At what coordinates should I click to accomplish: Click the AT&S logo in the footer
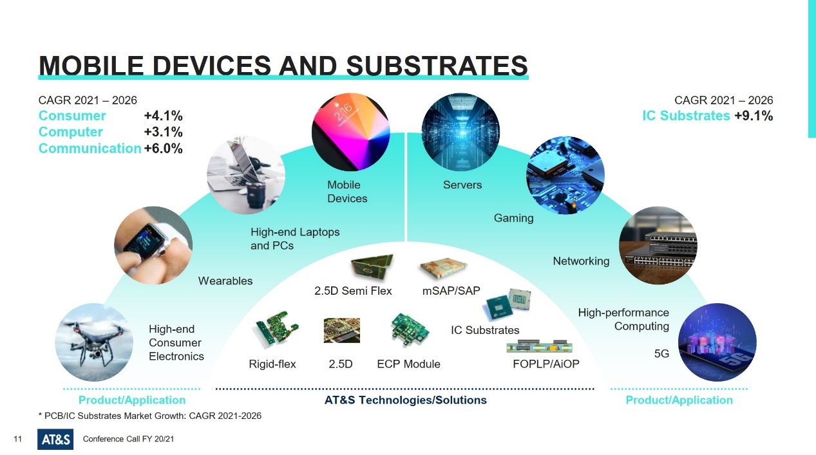pos(55,440)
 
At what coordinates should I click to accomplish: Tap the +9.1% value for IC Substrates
pos(754,116)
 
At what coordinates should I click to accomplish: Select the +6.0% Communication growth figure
pos(163,149)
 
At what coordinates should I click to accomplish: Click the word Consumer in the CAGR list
pos(72,116)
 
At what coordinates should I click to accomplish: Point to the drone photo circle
pos(94,342)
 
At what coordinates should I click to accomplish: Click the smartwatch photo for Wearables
pos(153,245)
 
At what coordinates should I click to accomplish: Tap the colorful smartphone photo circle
pos(351,132)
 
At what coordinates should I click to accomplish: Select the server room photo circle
pos(460,132)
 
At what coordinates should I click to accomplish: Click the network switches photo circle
pos(658,245)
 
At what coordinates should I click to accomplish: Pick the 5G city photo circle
pos(717,342)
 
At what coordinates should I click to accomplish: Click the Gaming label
pos(514,218)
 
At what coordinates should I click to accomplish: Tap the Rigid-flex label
pos(272,364)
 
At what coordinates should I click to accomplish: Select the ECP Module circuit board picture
pos(410,330)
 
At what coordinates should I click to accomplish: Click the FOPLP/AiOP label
pos(546,364)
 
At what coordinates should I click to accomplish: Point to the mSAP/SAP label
pos(451,291)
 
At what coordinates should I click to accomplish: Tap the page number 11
pos(18,439)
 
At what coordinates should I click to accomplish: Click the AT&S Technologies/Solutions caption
pos(406,400)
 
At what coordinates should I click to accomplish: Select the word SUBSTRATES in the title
pos(437,66)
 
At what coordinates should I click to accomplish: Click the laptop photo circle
pos(246,175)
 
